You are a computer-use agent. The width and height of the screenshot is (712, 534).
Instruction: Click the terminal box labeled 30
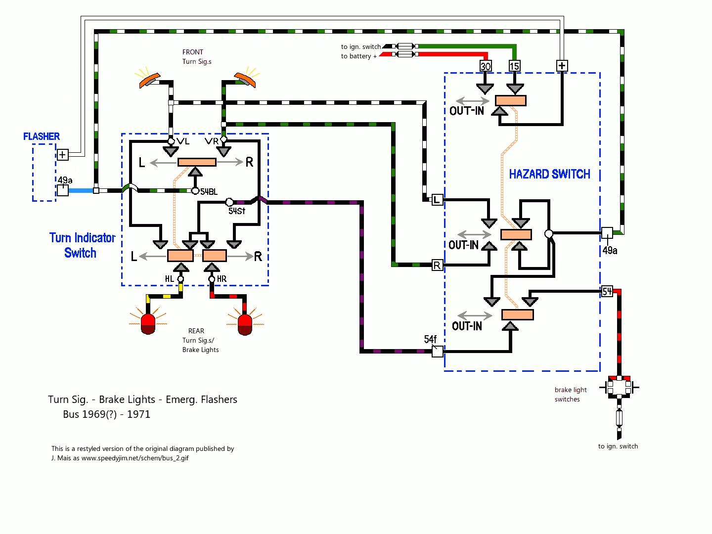click(485, 66)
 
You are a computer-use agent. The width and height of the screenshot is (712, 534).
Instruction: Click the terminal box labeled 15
click(514, 66)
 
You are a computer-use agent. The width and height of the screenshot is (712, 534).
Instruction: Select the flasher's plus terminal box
click(63, 155)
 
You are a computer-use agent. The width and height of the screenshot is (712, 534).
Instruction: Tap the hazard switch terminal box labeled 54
click(607, 291)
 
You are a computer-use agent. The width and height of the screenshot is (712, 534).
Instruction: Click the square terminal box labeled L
click(437, 200)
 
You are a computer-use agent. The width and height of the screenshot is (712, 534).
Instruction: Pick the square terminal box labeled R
click(437, 265)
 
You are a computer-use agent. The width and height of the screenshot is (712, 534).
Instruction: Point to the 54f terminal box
click(437, 352)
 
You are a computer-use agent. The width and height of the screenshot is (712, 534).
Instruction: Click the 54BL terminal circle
click(195, 191)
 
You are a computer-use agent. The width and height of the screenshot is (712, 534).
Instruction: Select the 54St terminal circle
click(229, 202)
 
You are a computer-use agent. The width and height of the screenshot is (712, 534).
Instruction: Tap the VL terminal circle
click(171, 141)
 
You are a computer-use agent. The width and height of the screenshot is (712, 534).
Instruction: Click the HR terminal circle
click(212, 279)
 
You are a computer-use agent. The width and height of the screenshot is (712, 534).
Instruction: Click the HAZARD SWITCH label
click(549, 174)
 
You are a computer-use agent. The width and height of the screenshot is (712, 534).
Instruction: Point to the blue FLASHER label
click(42, 136)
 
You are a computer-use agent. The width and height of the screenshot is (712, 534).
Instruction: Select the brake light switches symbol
click(619, 387)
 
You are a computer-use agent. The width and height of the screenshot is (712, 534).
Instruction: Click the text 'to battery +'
click(359, 56)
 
